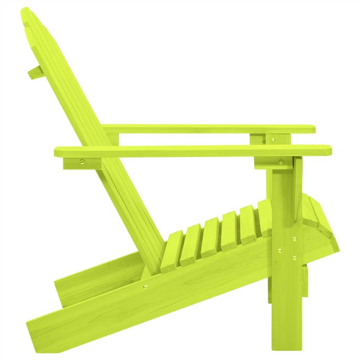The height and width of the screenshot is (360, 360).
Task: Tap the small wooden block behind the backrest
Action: [x=35, y=72]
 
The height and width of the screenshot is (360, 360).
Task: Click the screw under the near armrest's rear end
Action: [x=82, y=162]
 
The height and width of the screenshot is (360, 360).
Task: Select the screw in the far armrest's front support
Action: [x=273, y=139]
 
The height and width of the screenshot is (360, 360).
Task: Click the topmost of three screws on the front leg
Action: [x=294, y=239]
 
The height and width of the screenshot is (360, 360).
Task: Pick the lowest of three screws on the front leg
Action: [x=294, y=257]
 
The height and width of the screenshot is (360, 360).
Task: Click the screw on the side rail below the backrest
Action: [x=145, y=287]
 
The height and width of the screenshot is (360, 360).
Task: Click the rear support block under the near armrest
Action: [x=83, y=163]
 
